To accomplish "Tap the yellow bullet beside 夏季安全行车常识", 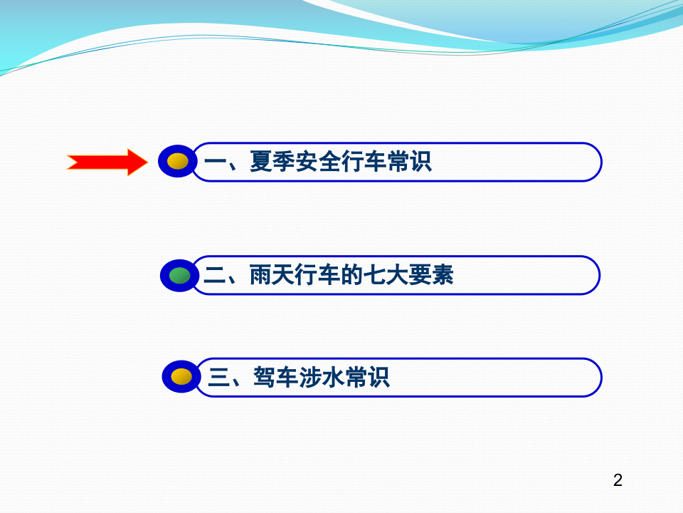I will point(178,162).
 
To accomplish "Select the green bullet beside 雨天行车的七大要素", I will point(179,275).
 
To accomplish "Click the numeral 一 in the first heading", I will point(215,163).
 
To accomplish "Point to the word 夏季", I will point(272,163).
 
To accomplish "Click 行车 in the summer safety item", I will point(364,163).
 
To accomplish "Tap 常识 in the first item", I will point(409,163).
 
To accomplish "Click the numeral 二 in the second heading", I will point(214,276).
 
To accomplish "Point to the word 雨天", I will point(272,276).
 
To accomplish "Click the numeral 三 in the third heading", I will point(218,378).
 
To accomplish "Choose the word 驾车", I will point(275,378).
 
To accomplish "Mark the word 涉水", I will point(321,378).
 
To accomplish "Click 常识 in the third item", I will point(366,378).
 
